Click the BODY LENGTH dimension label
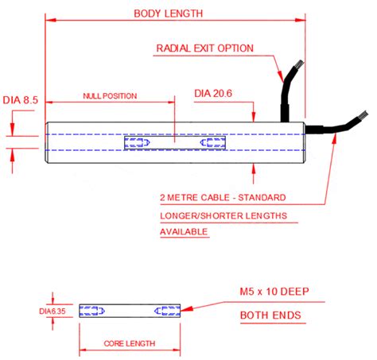[168, 13]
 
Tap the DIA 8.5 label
[21, 100]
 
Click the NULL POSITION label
[110, 96]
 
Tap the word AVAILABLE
[184, 232]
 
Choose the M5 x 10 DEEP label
[286, 292]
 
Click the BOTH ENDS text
[270, 315]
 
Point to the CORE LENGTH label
[130, 344]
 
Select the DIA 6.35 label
[53, 311]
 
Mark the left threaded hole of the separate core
[93, 311]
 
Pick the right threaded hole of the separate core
[168, 311]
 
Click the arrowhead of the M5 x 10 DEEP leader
[188, 308]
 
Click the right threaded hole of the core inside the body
[212, 144]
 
